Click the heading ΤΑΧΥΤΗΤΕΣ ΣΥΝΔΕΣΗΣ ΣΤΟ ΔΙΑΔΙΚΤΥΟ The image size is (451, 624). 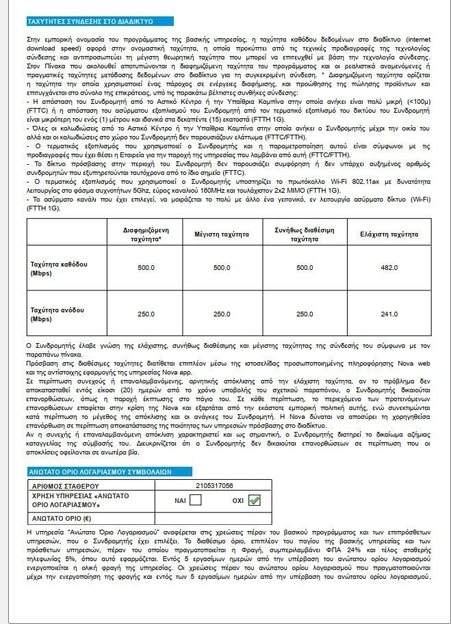[x=80, y=22]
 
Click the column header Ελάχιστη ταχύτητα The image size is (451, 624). [x=389, y=235]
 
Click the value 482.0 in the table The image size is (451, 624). [x=389, y=267]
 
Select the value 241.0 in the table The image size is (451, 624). [x=389, y=314]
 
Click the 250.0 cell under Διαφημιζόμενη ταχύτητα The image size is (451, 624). [x=146, y=314]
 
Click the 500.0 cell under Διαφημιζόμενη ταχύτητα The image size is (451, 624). [x=146, y=267]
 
